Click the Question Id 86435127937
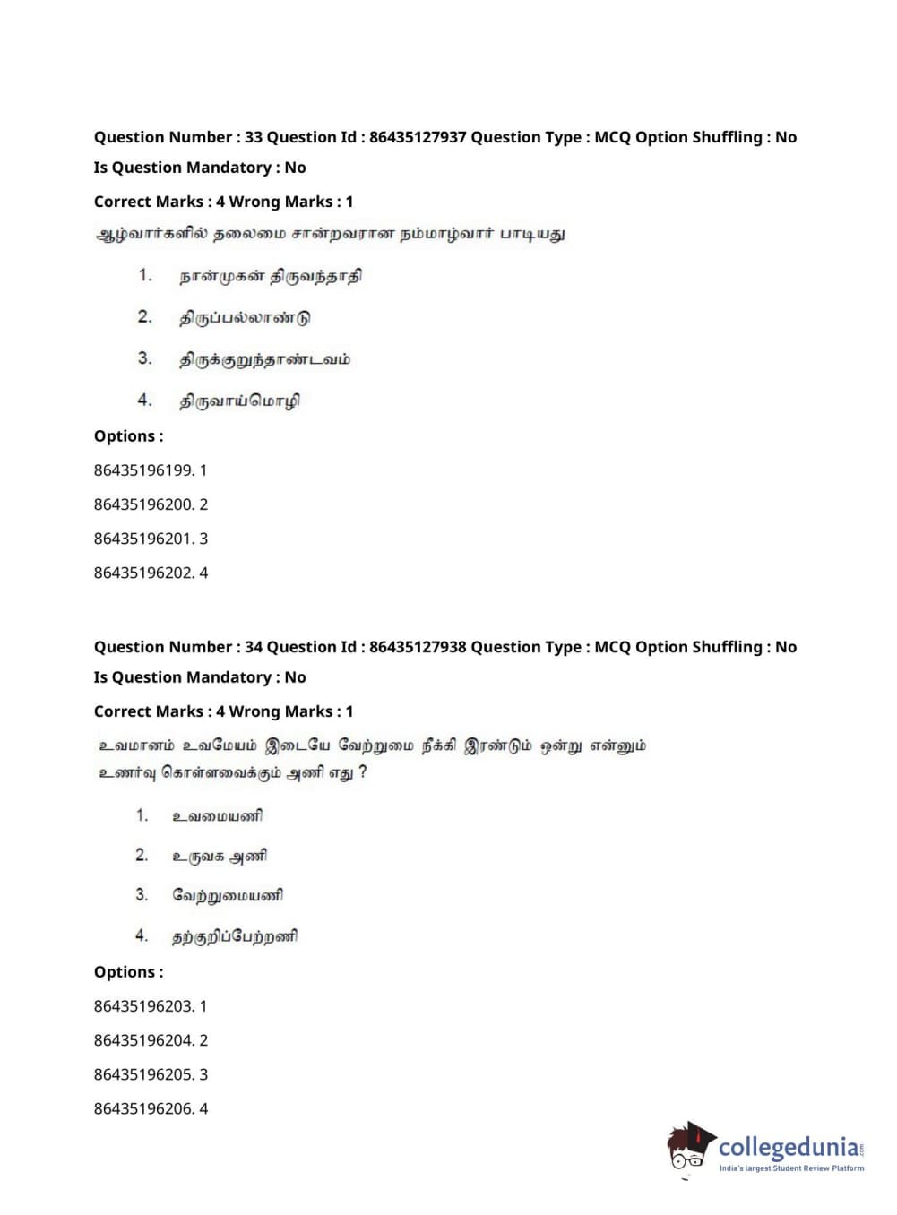click(418, 137)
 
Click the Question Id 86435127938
click(418, 647)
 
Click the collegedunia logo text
click(788, 1147)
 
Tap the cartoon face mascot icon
click(689, 1146)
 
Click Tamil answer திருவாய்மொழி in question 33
click(239, 401)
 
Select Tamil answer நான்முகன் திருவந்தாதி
click(271, 276)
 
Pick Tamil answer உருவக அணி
click(220, 856)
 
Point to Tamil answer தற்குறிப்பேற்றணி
click(235, 936)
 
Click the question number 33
click(254, 137)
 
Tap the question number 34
click(254, 647)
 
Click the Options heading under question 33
click(128, 436)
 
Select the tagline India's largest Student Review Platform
click(791, 1168)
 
